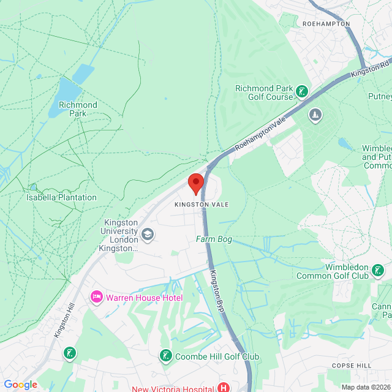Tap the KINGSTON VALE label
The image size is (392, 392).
pos(201,204)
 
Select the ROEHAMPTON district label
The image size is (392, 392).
pos(326,24)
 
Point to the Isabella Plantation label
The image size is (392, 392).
pos(61,197)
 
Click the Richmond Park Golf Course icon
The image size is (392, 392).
pos(301,92)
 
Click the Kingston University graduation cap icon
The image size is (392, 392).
pos(147,234)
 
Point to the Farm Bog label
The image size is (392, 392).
pos(214,239)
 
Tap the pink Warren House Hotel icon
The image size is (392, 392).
pos(96,298)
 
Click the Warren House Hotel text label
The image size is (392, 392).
pos(144,298)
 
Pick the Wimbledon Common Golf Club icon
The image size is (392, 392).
pos(378,269)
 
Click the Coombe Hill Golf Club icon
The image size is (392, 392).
pos(165,356)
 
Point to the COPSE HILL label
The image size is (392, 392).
pos(351,365)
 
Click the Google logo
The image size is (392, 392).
pos(20,384)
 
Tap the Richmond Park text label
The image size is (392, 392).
pos(78,109)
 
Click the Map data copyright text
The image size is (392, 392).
pos(365,387)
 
